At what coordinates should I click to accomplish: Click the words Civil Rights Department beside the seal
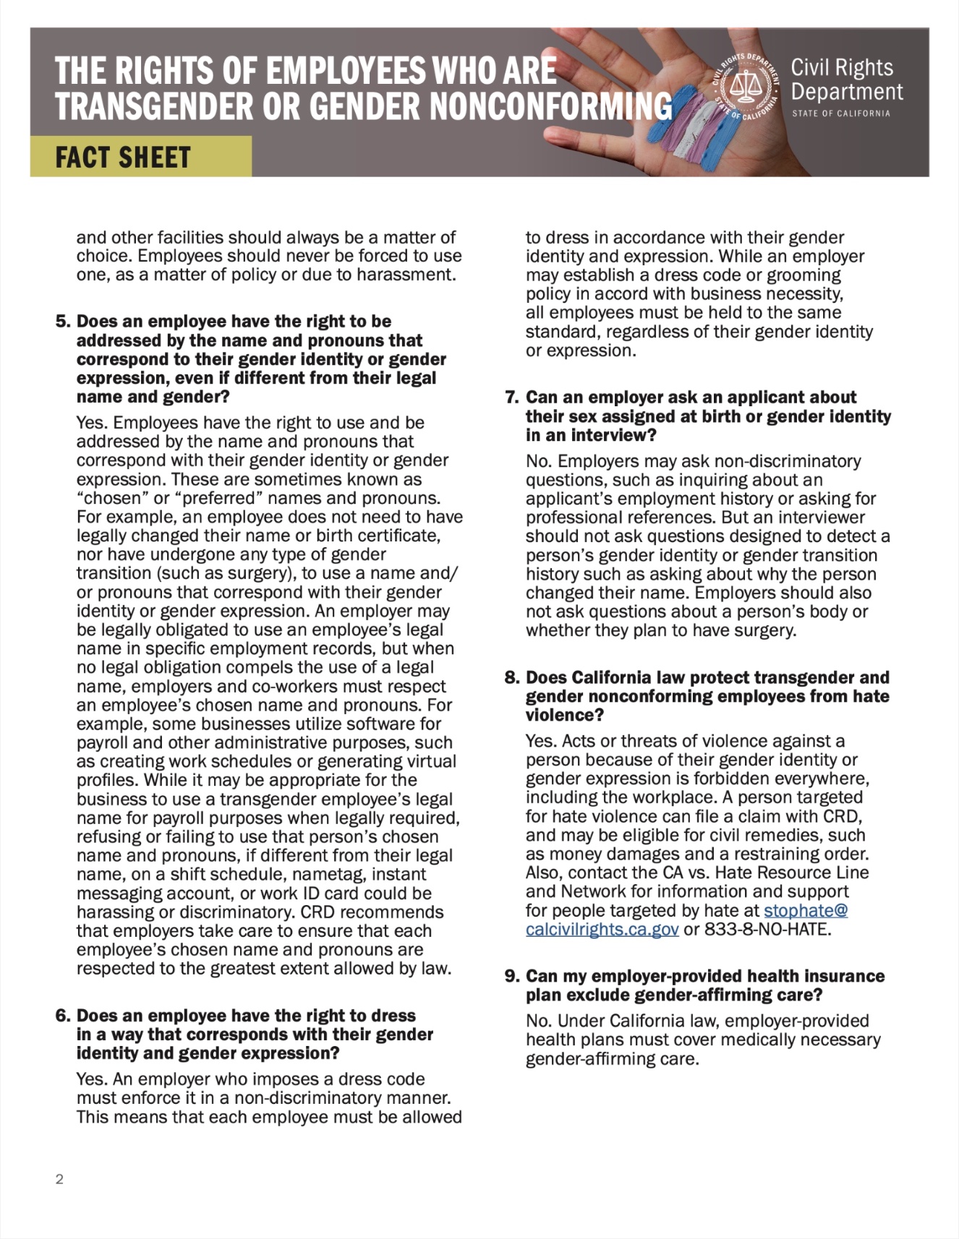click(846, 80)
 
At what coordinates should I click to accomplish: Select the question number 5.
click(62, 322)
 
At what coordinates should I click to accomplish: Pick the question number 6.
click(62, 1016)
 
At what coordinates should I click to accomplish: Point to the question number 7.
click(511, 398)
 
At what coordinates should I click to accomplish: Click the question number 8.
click(511, 678)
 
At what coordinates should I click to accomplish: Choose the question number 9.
click(511, 977)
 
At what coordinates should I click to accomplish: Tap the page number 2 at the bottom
click(59, 1180)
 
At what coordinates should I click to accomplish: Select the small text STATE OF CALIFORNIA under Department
click(840, 113)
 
